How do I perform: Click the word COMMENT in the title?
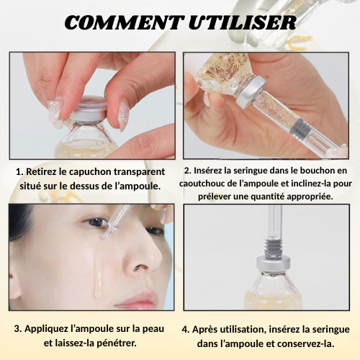pos(122,23)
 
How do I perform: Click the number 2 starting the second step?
pos(186,171)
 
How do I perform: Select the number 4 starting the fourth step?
pos(185,329)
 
